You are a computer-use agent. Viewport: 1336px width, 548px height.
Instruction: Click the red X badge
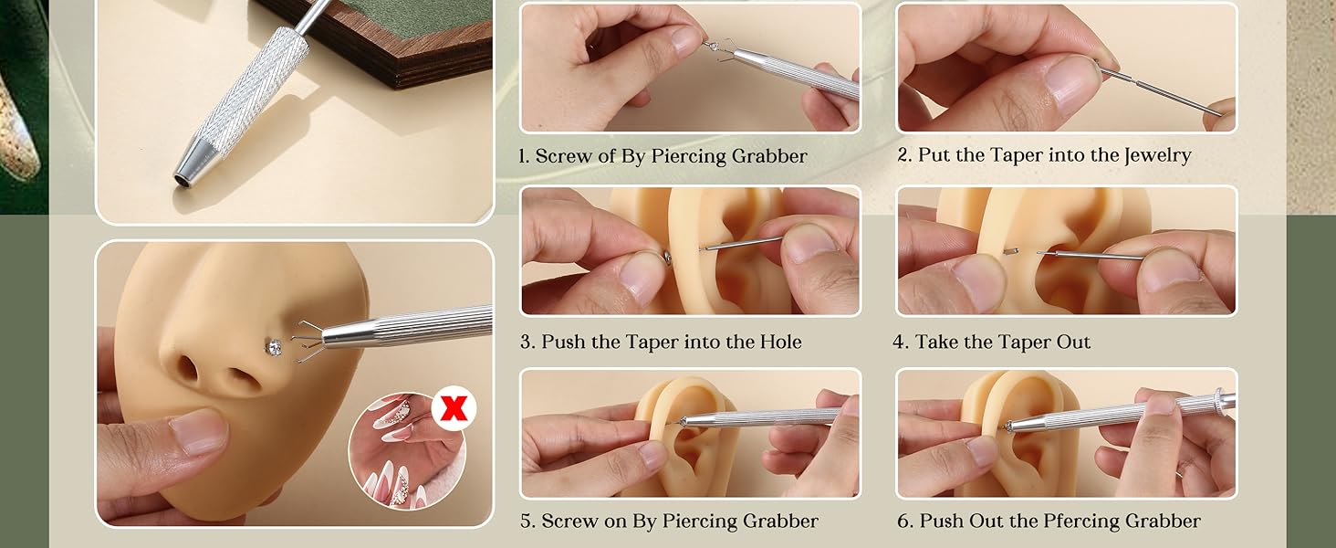coord(454,409)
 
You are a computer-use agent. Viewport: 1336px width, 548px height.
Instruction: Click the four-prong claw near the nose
coord(307,342)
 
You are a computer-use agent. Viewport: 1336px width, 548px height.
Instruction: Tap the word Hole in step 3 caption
coord(780,342)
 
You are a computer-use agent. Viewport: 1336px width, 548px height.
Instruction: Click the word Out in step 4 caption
coord(1073,342)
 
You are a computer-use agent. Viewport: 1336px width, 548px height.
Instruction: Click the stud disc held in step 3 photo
coord(667,258)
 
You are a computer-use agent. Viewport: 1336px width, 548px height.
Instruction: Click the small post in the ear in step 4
coord(1009,252)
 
